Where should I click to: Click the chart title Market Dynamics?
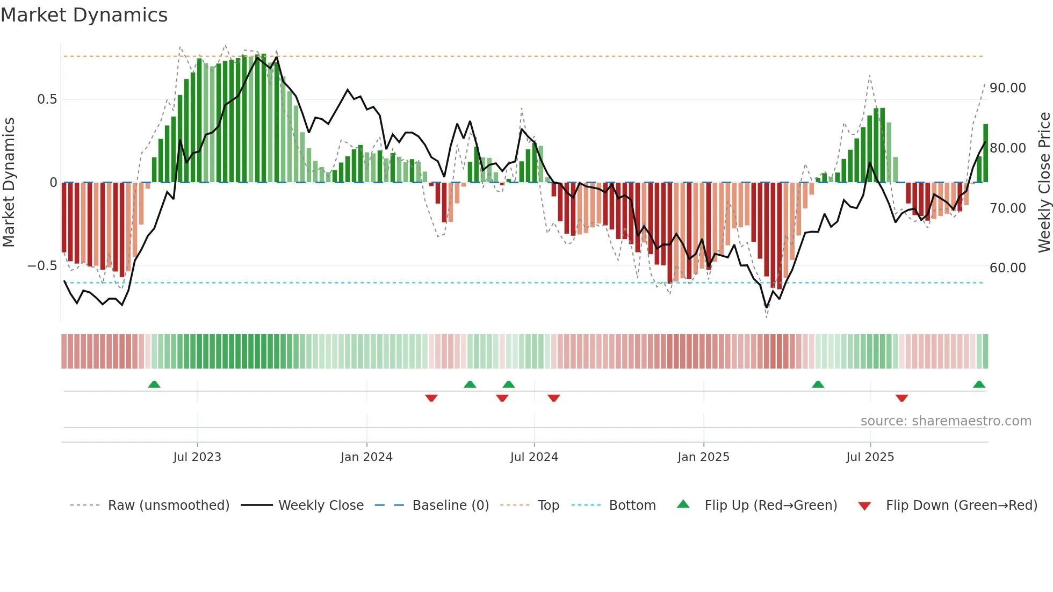coord(84,15)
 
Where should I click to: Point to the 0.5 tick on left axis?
coord(47,99)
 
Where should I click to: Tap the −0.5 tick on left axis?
coord(42,266)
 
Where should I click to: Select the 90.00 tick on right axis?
coord(1007,88)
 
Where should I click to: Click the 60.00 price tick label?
coord(1007,268)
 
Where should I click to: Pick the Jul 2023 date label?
coord(197,457)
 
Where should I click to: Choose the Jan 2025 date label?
coord(703,457)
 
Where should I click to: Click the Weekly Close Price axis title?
coord(1044,183)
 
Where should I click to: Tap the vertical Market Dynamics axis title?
coord(9,183)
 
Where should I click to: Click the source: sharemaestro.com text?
coord(946,421)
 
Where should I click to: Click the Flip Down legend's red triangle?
coord(864,506)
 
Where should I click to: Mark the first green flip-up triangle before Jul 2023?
coord(154,385)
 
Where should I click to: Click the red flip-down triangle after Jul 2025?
coord(901,398)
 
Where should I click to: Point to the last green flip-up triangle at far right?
coord(979,385)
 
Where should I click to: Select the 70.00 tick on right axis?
coord(1007,208)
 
